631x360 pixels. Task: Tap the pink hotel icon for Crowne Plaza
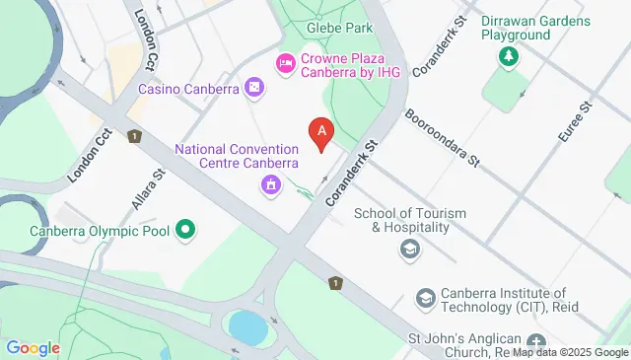coord(286,63)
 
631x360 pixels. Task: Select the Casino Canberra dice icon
coord(254,90)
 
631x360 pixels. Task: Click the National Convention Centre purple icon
coord(270,184)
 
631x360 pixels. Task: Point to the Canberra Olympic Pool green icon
coord(184,232)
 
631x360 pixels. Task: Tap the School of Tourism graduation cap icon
coord(408,250)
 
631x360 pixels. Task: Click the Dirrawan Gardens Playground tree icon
coord(509,58)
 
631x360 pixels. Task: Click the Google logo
coord(34,347)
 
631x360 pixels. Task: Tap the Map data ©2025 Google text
coord(570,352)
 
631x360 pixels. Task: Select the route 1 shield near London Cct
coord(133,136)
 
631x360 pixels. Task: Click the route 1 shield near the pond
coord(337,283)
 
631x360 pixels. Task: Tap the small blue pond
coord(246,326)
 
